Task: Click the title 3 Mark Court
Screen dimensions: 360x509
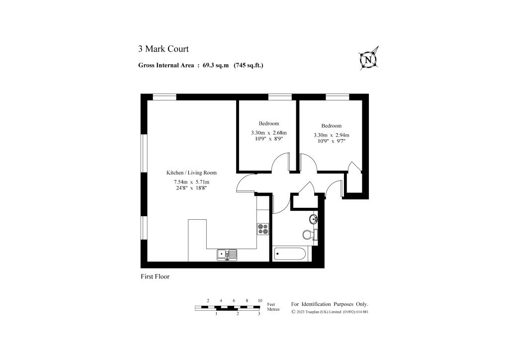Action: coord(163,49)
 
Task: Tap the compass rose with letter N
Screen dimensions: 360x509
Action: coord(368,59)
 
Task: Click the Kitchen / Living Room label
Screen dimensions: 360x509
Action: coord(191,173)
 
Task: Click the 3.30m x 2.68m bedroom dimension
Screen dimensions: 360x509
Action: coord(268,133)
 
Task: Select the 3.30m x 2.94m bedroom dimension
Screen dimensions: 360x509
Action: coord(331,135)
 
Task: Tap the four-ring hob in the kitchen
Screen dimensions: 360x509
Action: coord(263,229)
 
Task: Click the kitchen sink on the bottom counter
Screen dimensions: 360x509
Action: coord(227,255)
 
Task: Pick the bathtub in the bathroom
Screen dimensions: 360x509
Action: coord(291,254)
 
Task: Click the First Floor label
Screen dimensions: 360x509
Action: coord(155,276)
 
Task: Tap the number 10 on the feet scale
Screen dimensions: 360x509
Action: coord(260,301)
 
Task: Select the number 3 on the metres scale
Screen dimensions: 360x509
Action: coord(259,314)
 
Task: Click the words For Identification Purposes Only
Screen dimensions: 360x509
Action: coord(330,304)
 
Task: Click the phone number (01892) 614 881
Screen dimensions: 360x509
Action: coord(355,312)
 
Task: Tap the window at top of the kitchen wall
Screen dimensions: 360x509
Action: coord(165,96)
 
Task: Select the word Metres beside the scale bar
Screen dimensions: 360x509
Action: coord(273,309)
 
